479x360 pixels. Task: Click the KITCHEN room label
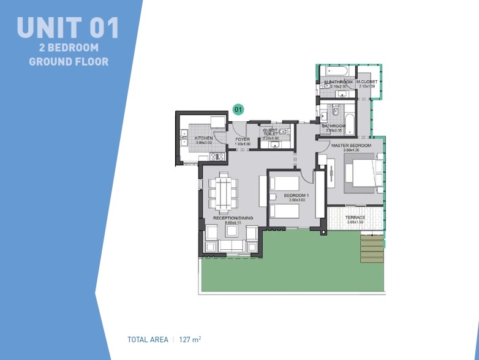(x=203, y=138)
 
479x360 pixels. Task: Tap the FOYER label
(x=243, y=139)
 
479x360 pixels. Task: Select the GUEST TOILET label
(x=271, y=132)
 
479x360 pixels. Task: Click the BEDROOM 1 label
(x=296, y=196)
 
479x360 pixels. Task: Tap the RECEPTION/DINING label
(x=233, y=218)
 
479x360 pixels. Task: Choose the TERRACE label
(x=355, y=217)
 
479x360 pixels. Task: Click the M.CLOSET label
(x=368, y=82)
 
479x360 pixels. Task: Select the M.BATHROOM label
(x=339, y=82)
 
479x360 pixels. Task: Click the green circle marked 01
(x=239, y=110)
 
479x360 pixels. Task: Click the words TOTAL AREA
(x=148, y=339)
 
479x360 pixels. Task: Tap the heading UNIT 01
(x=68, y=28)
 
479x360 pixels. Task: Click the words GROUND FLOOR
(x=69, y=61)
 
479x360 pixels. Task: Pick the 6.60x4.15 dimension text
(x=233, y=223)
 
